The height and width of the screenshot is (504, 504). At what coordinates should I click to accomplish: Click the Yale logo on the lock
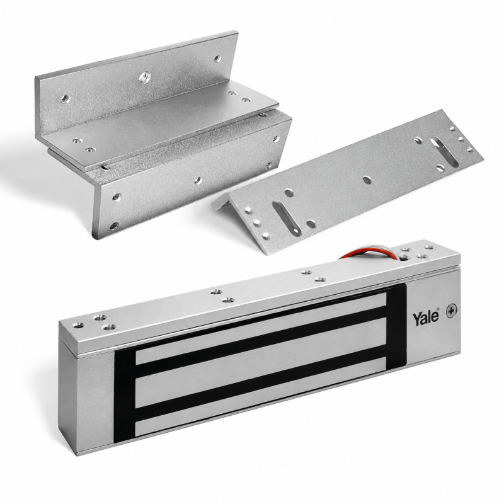[426, 317]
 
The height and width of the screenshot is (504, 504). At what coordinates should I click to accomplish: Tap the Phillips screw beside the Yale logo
[452, 311]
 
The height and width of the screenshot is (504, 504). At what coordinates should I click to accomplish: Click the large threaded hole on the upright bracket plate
[145, 77]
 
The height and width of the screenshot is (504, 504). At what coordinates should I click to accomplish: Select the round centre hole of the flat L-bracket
[367, 180]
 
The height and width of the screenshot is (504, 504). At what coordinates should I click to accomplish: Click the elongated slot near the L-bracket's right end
[445, 151]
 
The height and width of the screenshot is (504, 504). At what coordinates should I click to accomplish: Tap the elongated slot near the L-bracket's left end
[287, 217]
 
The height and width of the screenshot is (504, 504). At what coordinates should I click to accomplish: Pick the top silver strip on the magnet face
[261, 327]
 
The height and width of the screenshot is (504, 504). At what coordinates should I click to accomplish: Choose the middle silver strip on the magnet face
[261, 363]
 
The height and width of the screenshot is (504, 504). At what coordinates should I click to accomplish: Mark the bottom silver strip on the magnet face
[260, 396]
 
